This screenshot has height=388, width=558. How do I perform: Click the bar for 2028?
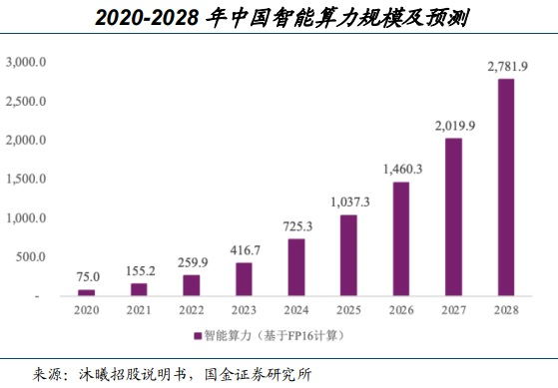click(506, 188)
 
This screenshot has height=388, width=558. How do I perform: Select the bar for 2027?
click(452, 217)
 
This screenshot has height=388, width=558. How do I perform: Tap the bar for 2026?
click(399, 239)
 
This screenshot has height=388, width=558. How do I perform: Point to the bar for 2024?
click(297, 267)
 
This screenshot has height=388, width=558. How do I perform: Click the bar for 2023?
click(244, 279)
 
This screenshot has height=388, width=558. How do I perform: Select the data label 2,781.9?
click(506, 66)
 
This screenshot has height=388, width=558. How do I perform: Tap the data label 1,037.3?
click(347, 202)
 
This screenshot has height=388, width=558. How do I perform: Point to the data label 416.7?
click(244, 250)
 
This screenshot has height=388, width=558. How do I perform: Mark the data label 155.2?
click(139, 270)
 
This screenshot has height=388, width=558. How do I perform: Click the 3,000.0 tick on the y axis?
click(25, 62)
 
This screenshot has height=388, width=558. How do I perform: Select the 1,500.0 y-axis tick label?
click(25, 179)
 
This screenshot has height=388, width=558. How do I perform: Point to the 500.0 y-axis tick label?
click(29, 256)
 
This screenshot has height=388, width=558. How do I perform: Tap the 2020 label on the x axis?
click(86, 310)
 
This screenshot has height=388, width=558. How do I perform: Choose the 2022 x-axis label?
click(191, 310)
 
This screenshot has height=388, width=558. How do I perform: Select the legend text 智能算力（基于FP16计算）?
click(274, 334)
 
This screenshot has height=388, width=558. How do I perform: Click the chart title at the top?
click(279, 17)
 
